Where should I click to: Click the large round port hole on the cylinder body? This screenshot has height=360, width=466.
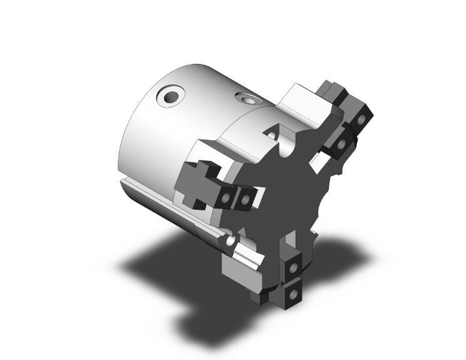[x=170, y=97]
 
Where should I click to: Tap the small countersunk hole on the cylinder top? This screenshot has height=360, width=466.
[x=244, y=99]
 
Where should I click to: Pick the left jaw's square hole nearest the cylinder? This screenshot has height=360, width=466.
[x=224, y=198]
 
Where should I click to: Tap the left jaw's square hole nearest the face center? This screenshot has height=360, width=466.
[x=245, y=199]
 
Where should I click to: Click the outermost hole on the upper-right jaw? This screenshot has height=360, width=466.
[x=362, y=119]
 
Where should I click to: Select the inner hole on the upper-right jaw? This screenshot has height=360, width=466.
[x=341, y=145]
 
